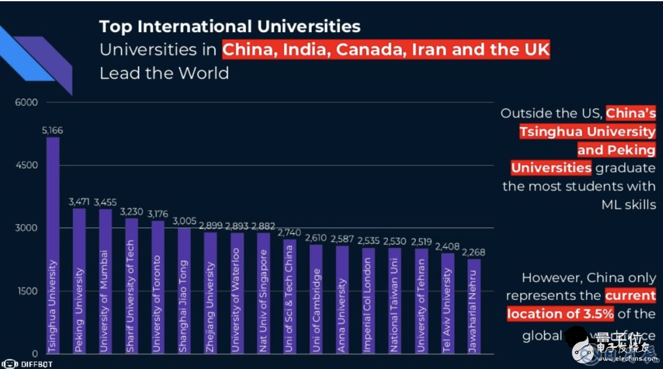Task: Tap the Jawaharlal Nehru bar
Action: pos(473,306)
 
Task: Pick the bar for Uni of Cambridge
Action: pos(315,299)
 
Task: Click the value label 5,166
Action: pos(52,130)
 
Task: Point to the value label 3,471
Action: pos(79,201)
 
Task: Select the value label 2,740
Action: pos(289,232)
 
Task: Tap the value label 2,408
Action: pos(447,246)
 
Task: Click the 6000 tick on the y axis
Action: pos(27,102)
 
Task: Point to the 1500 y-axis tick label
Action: pos(27,291)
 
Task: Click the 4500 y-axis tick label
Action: pos(27,165)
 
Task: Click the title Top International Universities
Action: pos(230,26)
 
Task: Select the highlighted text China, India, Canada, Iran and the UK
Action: pos(386,49)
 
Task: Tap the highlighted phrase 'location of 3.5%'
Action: pos(560,314)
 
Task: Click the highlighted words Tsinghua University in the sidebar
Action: pos(587,131)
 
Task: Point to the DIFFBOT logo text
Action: pos(33,363)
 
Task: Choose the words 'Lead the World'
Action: pos(164,73)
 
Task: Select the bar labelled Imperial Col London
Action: pos(368,300)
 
